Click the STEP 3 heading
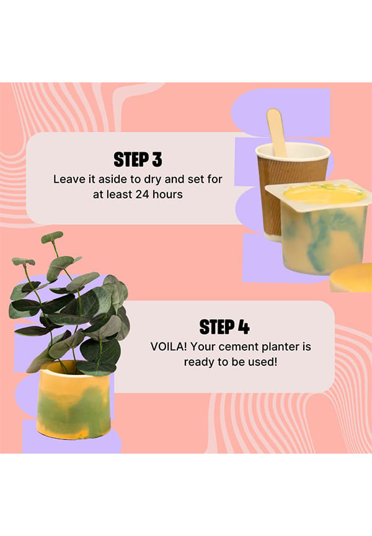click(x=138, y=160)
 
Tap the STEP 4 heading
click(x=224, y=327)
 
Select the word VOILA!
click(x=169, y=347)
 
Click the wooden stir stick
click(x=277, y=132)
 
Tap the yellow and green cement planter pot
click(x=74, y=400)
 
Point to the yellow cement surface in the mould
click(x=324, y=194)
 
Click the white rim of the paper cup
click(x=293, y=150)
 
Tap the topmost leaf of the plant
click(x=52, y=236)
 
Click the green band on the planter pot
click(x=73, y=405)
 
